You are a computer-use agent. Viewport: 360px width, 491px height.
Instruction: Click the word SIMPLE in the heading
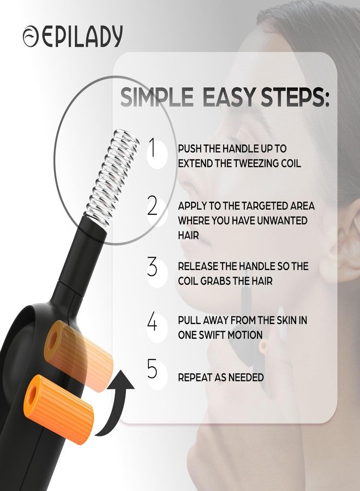(x=157, y=97)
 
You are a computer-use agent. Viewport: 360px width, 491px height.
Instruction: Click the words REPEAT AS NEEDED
(x=221, y=377)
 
